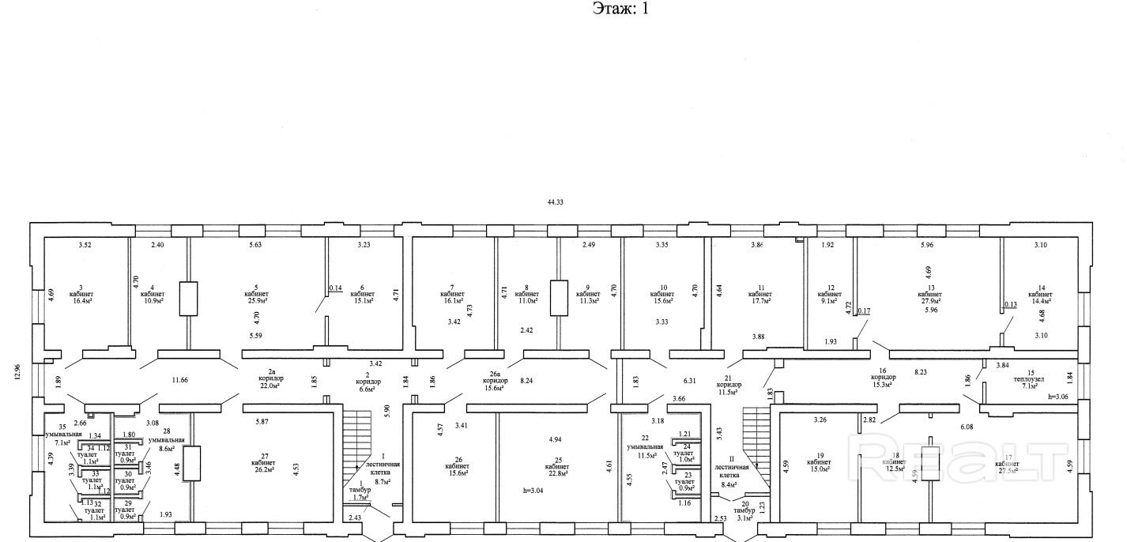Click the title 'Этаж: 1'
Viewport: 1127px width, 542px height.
click(x=620, y=9)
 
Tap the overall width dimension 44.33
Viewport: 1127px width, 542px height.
click(x=556, y=202)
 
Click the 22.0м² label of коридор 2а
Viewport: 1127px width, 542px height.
click(x=271, y=386)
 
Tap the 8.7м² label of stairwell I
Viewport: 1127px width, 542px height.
click(x=383, y=480)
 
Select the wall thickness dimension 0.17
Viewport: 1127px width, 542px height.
click(x=863, y=333)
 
